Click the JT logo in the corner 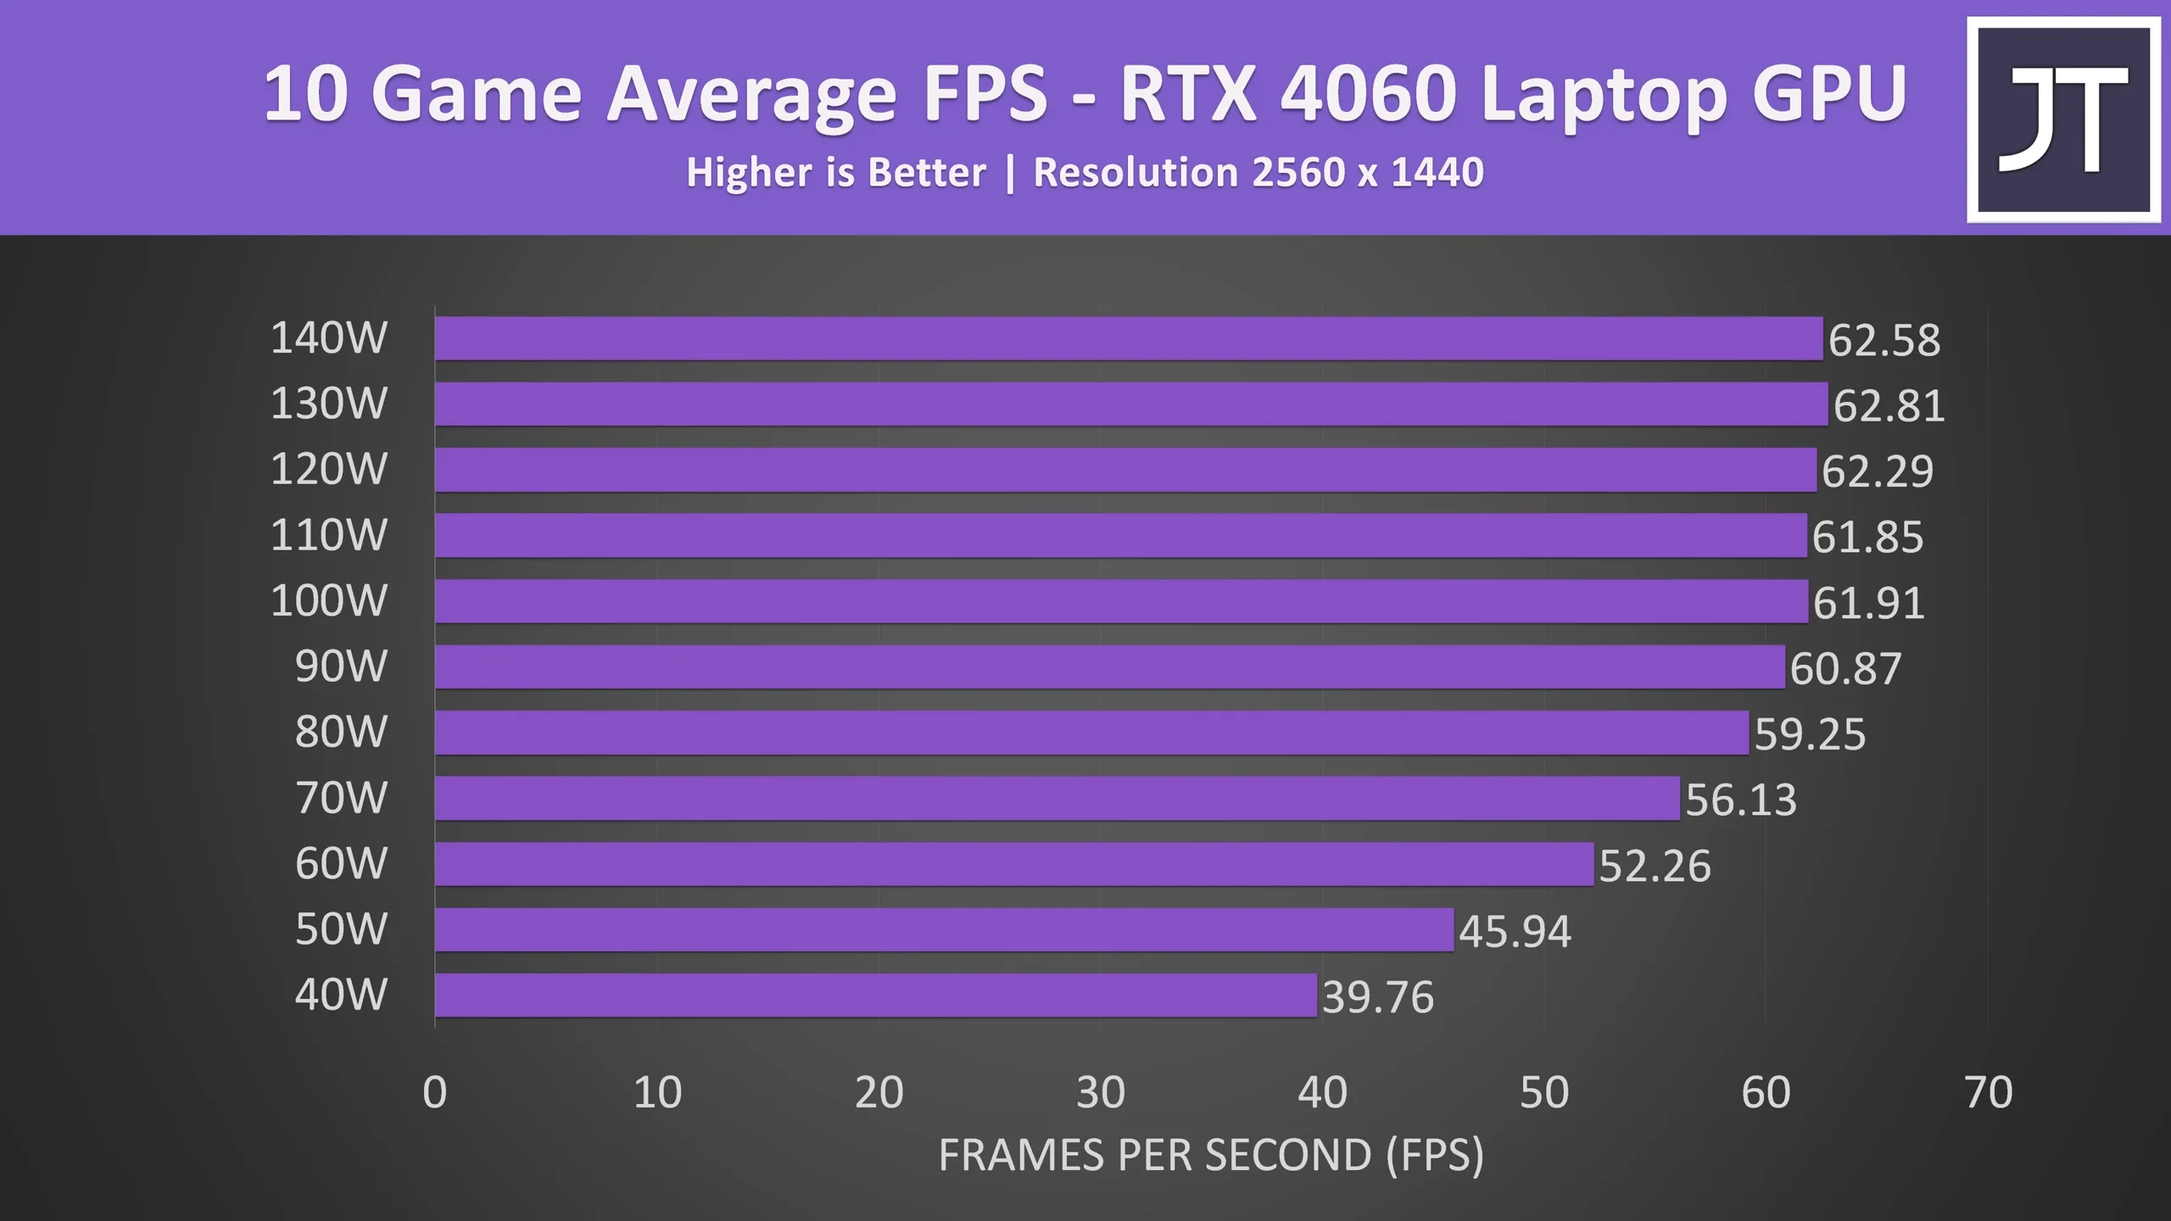tap(2063, 120)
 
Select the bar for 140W tap(1128, 338)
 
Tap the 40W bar tap(875, 995)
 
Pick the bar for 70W tap(1057, 798)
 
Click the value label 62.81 tap(1889, 405)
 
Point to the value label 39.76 tap(1377, 997)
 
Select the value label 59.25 tap(1810, 734)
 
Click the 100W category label tap(328, 600)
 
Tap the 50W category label tap(341, 929)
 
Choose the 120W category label tap(328, 469)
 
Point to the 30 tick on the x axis tap(1100, 1092)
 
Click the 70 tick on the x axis tap(1988, 1092)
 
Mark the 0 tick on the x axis tap(435, 1092)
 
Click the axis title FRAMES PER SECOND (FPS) tap(1211, 1155)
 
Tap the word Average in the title tap(751, 94)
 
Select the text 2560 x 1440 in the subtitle tap(1367, 172)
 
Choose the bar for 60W tap(1014, 864)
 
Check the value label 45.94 tap(1515, 931)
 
